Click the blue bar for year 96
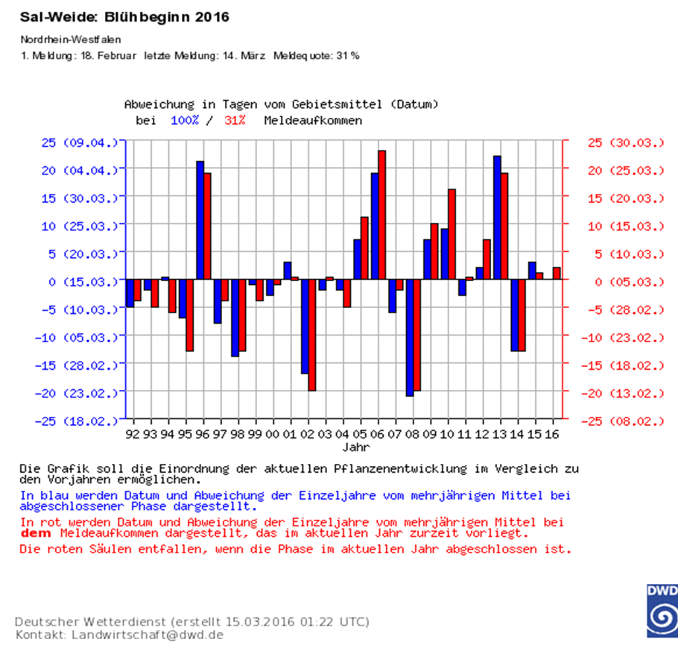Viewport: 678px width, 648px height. coord(200,221)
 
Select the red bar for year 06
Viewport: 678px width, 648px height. coord(381,216)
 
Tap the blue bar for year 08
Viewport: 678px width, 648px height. coord(409,338)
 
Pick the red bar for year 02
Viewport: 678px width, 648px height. coord(311,336)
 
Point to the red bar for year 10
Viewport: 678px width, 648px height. coord(452,235)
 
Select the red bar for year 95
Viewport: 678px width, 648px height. coord(189,315)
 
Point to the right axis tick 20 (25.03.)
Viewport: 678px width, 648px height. coord(625,170)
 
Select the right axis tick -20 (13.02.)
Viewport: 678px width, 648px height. coord(625,392)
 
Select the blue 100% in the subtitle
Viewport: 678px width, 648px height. coord(185,119)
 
